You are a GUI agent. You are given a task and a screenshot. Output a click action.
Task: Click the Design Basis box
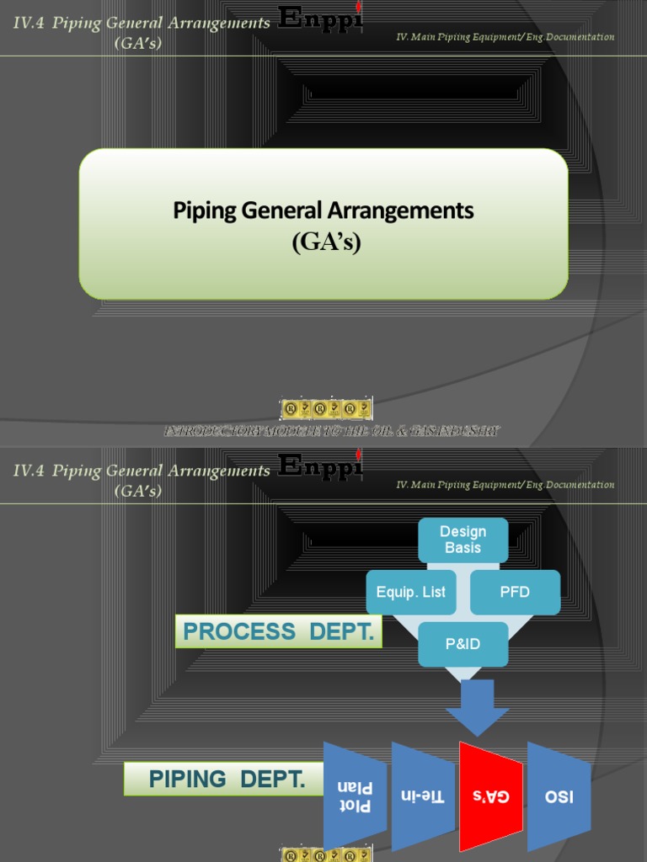tap(463, 540)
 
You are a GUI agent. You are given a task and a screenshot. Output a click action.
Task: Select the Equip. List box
tap(410, 592)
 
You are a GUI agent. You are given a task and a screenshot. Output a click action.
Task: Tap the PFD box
tap(515, 592)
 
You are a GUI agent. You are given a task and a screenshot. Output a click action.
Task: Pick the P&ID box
tap(463, 644)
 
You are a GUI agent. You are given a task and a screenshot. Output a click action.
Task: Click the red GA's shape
tap(491, 795)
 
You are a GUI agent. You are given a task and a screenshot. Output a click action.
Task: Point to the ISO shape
tap(559, 795)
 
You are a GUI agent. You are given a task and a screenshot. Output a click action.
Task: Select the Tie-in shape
tap(422, 795)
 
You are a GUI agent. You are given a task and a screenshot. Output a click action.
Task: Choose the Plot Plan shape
tap(355, 796)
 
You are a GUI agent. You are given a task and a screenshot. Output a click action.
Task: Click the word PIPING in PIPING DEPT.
tap(187, 780)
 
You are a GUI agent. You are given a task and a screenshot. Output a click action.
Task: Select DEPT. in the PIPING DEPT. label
tap(273, 780)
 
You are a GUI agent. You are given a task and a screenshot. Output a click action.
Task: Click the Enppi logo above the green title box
tap(320, 19)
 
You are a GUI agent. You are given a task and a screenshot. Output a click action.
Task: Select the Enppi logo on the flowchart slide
tap(320, 466)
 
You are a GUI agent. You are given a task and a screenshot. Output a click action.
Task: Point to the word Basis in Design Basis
tap(463, 548)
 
